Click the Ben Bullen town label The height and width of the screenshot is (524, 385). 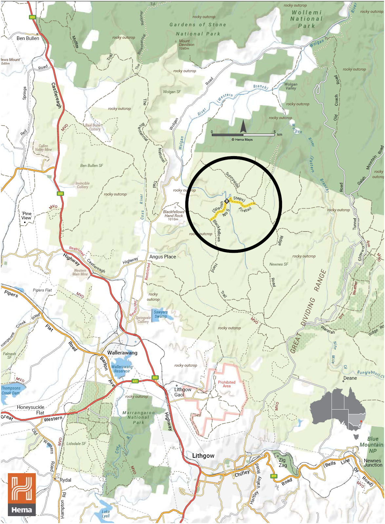28,38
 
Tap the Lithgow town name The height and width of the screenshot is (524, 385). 203,455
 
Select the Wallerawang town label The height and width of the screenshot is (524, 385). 122,353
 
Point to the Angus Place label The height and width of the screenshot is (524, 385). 163,257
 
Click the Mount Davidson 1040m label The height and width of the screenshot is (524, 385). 186,45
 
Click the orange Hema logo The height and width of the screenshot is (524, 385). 22,494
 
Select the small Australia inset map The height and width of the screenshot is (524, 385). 338,410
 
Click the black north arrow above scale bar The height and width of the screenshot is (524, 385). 243,126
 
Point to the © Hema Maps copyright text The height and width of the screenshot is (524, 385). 242,140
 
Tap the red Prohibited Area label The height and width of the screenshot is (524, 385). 227,384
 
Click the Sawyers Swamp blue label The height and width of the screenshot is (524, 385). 161,314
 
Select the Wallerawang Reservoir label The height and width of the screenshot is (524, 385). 122,369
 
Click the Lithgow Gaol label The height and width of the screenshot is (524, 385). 182,392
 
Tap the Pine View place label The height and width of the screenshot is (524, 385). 27,215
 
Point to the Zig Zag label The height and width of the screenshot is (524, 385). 282,462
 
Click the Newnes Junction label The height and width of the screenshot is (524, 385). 373,463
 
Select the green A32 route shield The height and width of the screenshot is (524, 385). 135,381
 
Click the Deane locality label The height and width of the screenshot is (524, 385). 350,378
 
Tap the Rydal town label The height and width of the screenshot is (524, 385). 65,480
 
